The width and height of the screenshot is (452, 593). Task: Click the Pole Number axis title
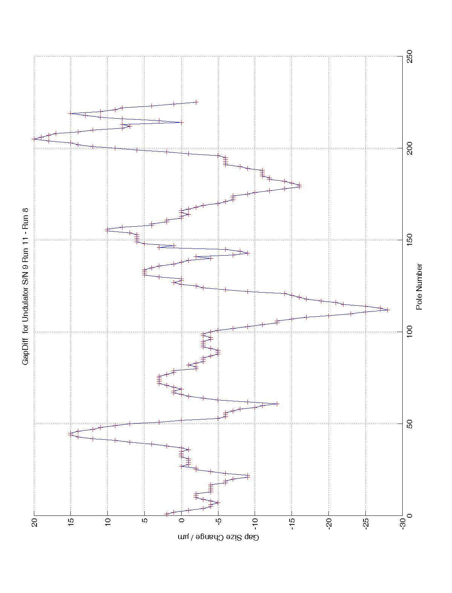tap(419, 287)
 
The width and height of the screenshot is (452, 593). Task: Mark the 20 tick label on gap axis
tap(34, 523)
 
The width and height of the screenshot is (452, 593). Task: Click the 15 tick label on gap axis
tap(71, 523)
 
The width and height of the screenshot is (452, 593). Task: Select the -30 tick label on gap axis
tap(402, 523)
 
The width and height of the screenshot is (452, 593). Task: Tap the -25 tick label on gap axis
tap(366, 523)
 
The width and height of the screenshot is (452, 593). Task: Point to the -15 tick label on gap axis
tap(292, 523)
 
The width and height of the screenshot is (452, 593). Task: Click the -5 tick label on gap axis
tap(218, 523)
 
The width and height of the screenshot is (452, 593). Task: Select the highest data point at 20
tap(34, 139)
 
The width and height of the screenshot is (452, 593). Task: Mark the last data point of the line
tap(196, 102)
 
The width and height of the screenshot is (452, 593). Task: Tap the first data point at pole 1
tap(167, 514)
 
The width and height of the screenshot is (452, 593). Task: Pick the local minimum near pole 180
tap(300, 185)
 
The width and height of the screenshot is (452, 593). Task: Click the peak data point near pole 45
tap(70, 433)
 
